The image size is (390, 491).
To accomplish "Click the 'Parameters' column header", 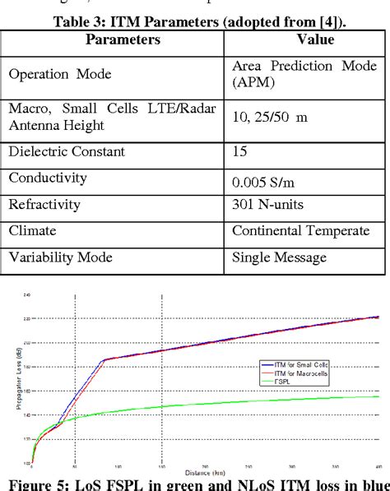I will tap(113, 39).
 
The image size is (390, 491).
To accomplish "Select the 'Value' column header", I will tap(304, 39).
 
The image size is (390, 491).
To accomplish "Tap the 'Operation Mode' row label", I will tap(53, 74).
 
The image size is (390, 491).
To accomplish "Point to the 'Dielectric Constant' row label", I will tap(67, 151).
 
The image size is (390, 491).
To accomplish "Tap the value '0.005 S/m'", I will tap(261, 178).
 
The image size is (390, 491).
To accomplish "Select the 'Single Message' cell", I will tap(279, 257).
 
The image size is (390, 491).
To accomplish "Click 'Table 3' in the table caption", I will tap(80, 23).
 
